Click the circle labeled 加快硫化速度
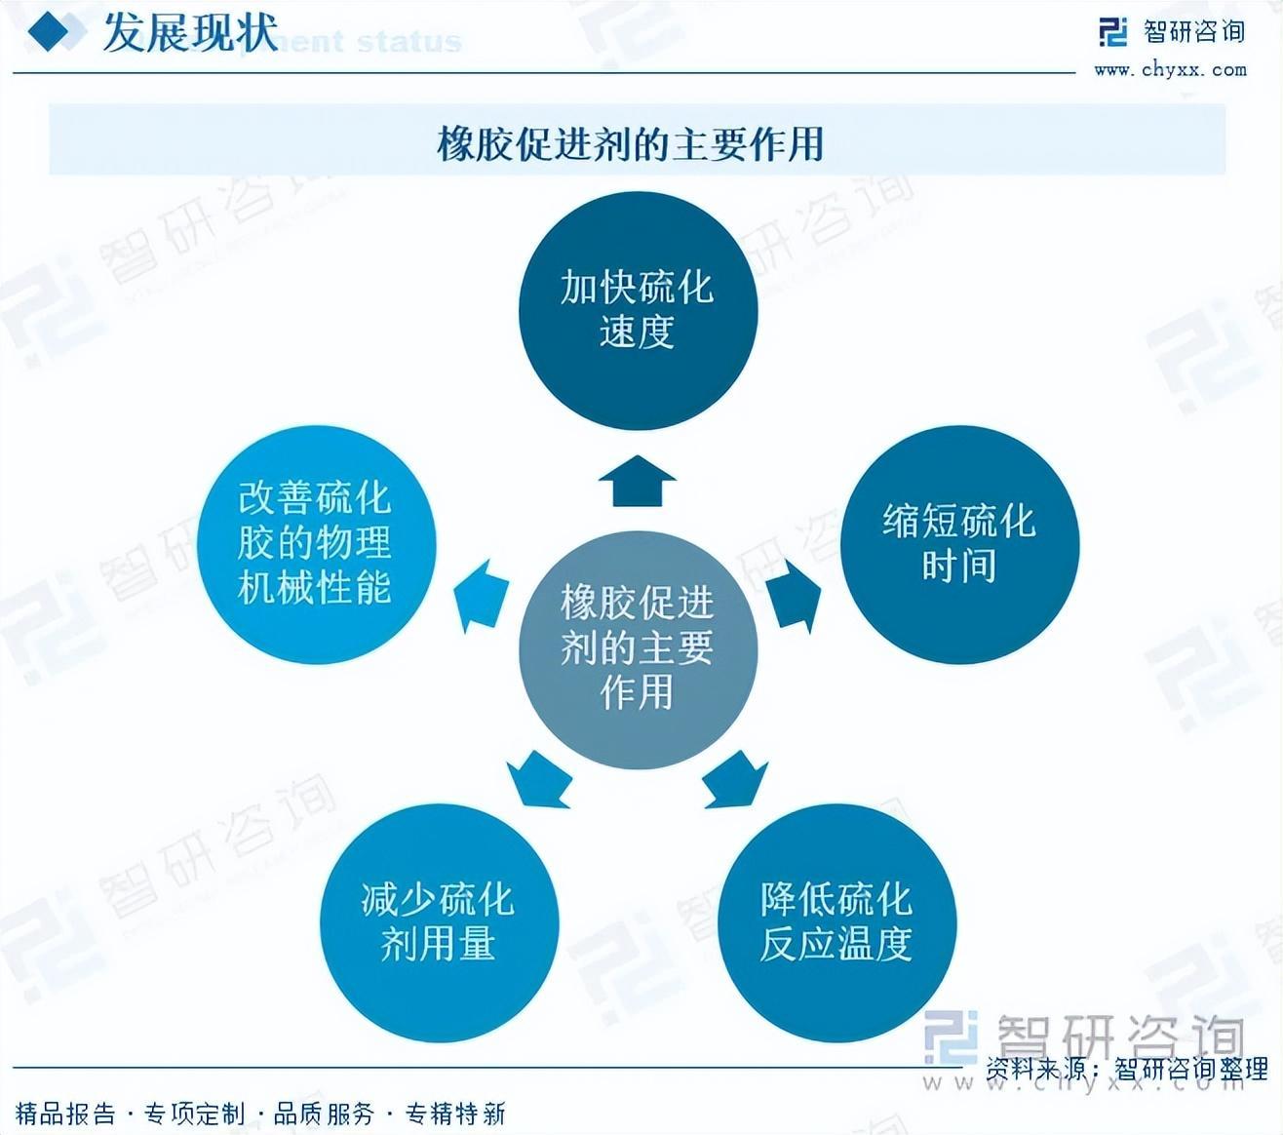[638, 309]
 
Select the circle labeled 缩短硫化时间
[959, 544]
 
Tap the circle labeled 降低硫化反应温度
[836, 922]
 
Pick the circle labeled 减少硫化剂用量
[439, 922]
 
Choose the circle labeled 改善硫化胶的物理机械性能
[316, 544]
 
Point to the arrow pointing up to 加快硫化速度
[638, 481]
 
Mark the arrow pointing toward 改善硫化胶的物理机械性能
[483, 597]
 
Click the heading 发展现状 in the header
[189, 33]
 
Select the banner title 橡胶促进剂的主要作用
[631, 144]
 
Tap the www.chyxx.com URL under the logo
[1170, 69]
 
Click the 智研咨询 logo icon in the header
[1112, 32]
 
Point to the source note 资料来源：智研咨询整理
[1126, 1069]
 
